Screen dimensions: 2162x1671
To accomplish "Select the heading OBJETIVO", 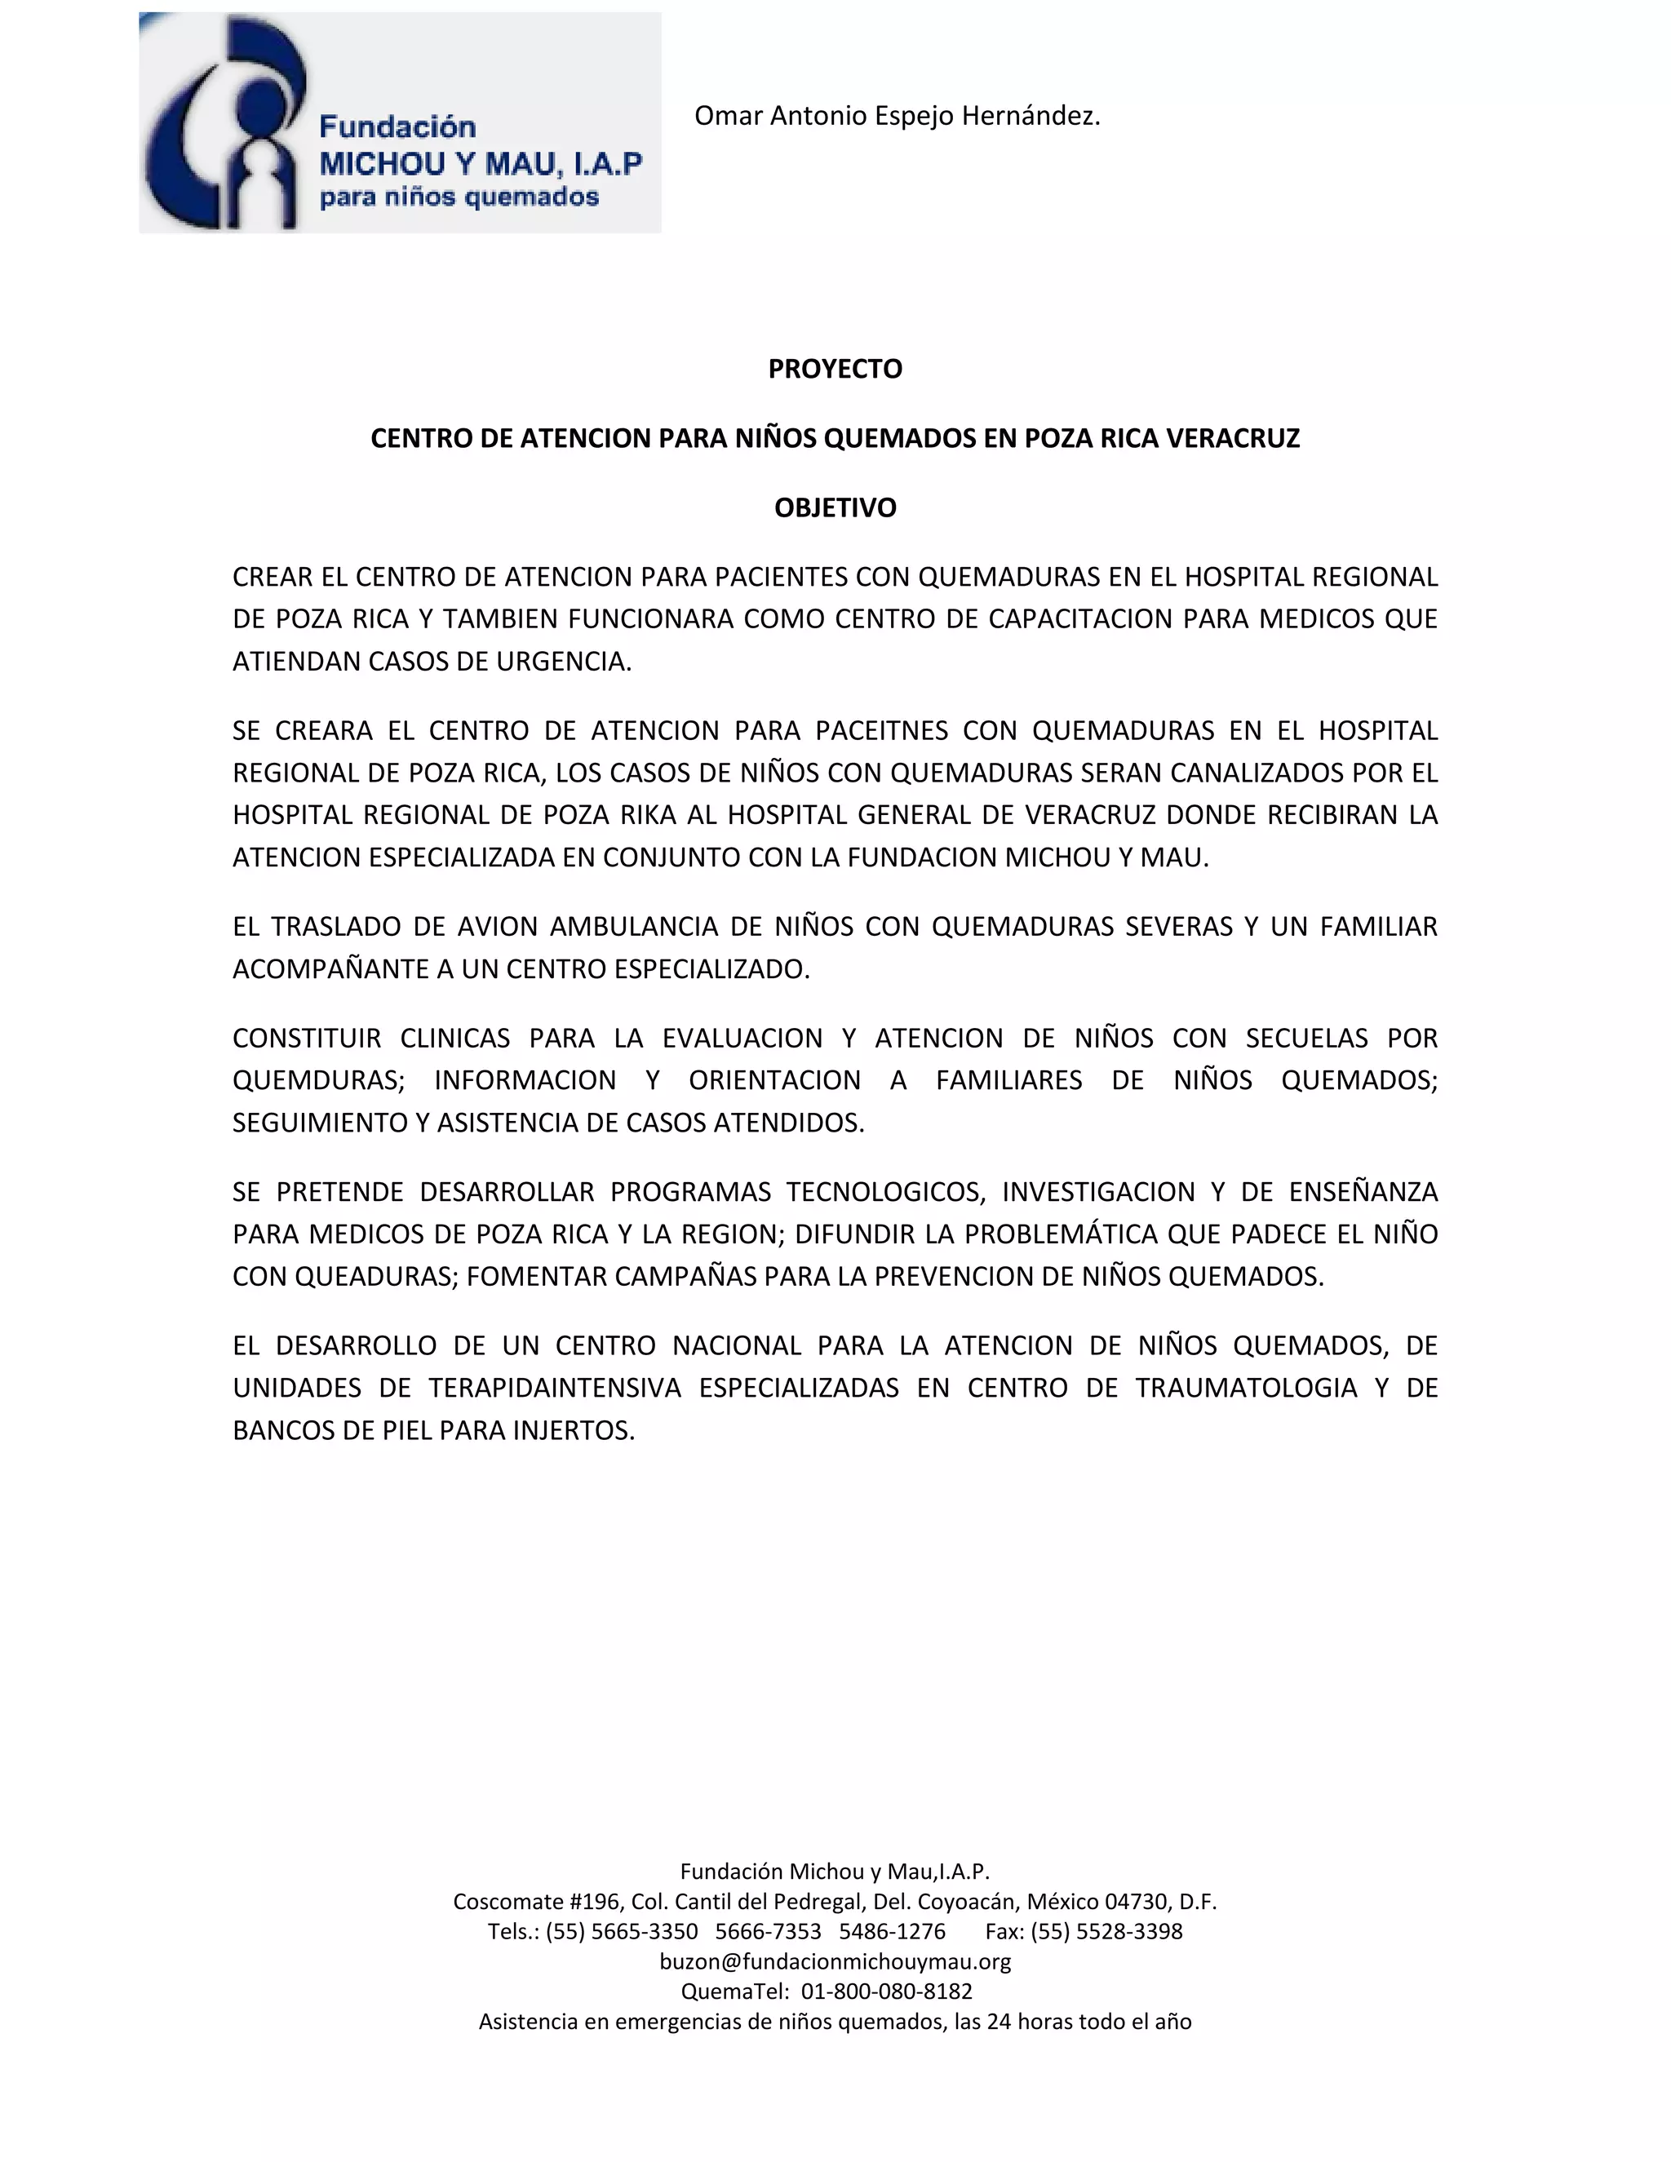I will (x=835, y=507).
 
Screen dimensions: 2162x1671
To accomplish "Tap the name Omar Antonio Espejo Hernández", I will (x=897, y=116).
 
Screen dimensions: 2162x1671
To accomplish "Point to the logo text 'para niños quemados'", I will (x=459, y=197).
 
